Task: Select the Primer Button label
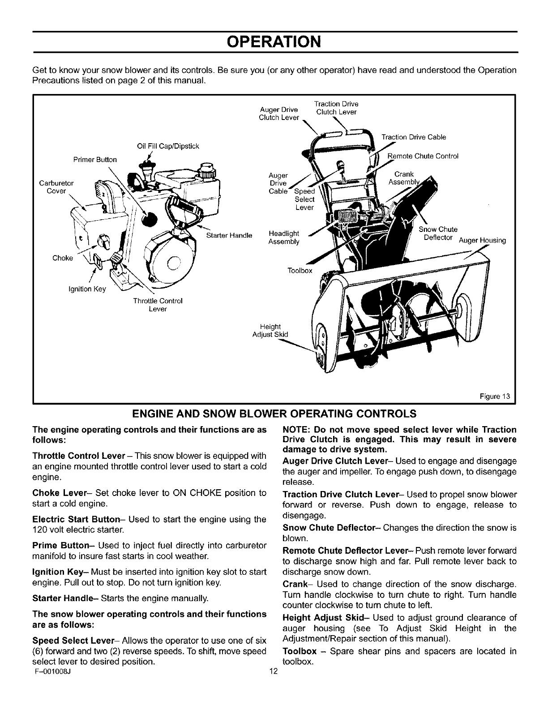tap(95, 160)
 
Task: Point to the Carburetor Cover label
tap(57, 187)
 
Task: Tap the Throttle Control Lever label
tap(158, 305)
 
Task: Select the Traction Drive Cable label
tap(414, 137)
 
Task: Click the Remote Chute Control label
tap(423, 156)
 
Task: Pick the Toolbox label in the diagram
tap(300, 271)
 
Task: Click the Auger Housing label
tap(482, 241)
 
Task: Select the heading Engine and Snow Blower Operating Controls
tap(274, 412)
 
